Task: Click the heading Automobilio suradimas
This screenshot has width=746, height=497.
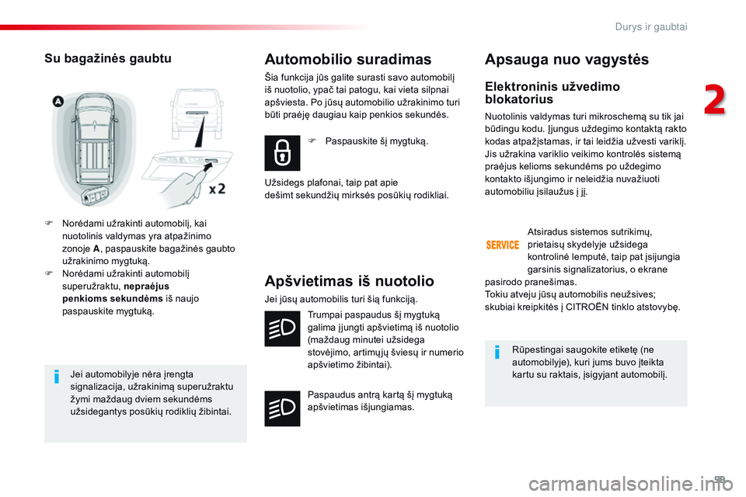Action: (347, 59)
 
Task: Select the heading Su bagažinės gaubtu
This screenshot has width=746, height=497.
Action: (107, 58)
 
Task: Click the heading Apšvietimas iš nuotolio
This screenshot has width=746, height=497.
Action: (349, 281)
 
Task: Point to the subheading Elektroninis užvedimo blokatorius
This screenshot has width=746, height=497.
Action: (552, 92)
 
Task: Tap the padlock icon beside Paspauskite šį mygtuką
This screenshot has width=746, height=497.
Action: (283, 153)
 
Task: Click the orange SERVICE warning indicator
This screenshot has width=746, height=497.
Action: (503, 245)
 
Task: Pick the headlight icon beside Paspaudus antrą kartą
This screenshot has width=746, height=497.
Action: (283, 408)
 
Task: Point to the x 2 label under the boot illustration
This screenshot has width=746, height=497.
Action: (218, 189)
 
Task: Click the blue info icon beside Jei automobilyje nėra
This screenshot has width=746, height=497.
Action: (58, 378)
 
